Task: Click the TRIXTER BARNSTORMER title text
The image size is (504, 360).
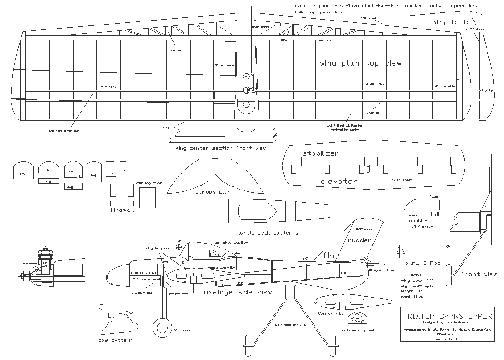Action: pos(447,316)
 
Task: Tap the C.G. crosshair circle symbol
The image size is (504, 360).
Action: pos(179,246)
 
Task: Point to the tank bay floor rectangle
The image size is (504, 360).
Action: pos(147,198)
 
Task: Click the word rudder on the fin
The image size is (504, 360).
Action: pos(359,240)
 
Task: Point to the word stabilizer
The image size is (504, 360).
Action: pos(320,153)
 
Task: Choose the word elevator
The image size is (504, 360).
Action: pos(338,182)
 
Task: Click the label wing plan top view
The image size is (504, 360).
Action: pos(360,63)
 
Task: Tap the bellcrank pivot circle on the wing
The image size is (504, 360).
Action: pos(246,90)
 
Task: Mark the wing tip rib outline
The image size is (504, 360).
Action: pos(444,12)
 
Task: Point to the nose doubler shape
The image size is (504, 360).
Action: pos(413,206)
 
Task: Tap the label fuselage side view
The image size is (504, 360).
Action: pos(235,292)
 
